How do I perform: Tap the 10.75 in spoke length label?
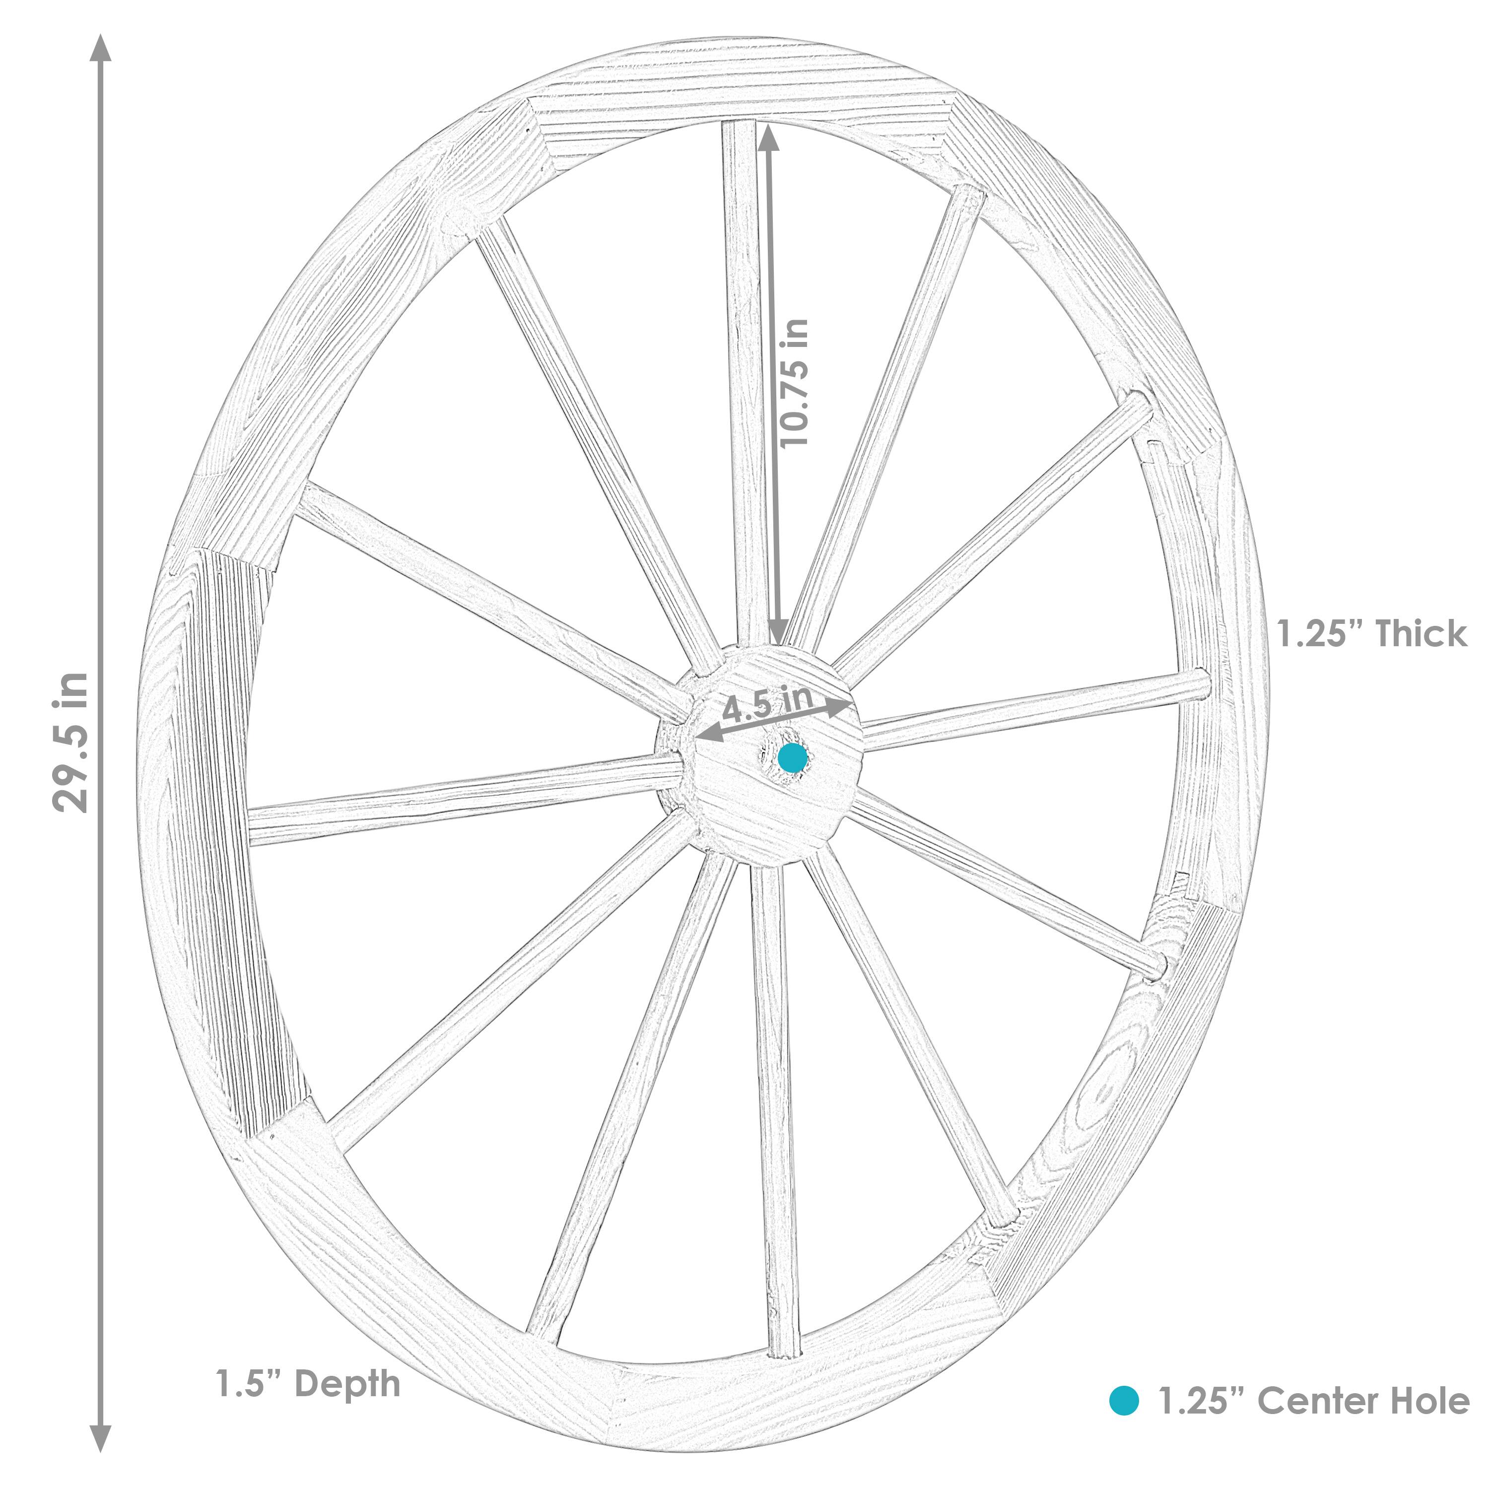pos(794,383)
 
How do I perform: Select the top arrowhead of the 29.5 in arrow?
pos(101,48)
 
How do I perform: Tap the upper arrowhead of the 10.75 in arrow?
pos(768,137)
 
